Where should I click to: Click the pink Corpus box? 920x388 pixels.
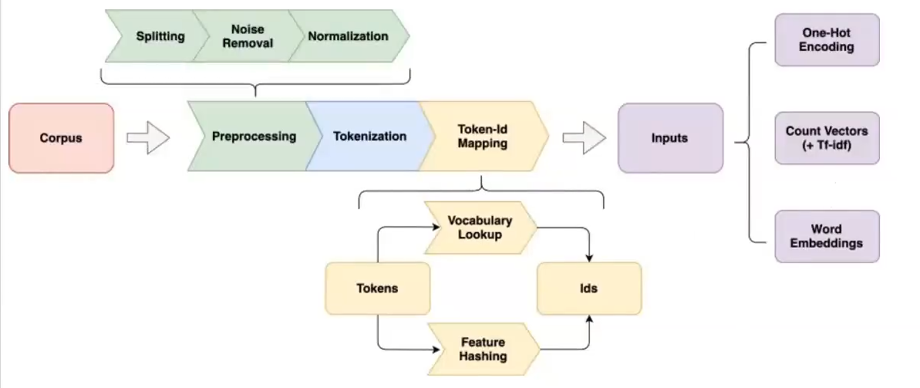pos(62,138)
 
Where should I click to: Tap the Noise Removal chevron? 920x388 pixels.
pos(247,36)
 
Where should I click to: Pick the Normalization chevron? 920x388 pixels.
pos(348,36)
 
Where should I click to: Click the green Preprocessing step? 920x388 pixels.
pos(254,137)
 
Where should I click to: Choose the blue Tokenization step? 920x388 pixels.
pos(369,137)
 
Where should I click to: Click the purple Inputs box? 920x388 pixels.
pos(670,138)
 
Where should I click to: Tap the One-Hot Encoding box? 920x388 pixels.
pos(826,39)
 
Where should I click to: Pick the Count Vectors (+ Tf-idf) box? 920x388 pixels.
pos(826,138)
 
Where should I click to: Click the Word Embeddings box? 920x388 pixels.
pos(826,236)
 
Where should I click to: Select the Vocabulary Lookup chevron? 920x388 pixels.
pos(480,228)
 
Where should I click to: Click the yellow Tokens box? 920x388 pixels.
pos(377,288)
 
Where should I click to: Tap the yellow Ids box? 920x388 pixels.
pos(589,288)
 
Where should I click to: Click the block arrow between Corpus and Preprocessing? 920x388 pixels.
pos(147,138)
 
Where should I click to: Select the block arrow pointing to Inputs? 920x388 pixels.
pos(584,138)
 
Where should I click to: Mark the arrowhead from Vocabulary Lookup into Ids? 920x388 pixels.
pos(589,257)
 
